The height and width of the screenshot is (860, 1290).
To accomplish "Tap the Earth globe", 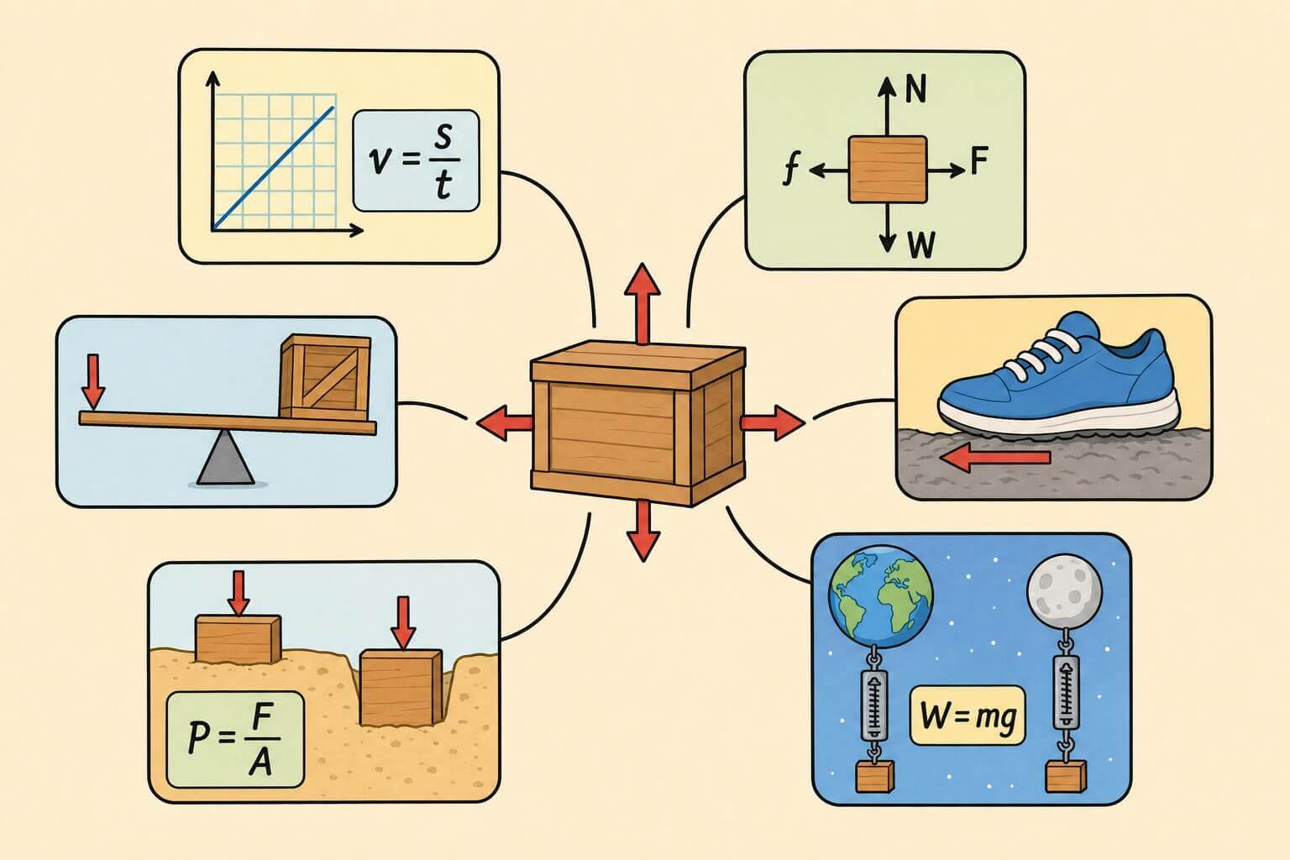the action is coord(880,597).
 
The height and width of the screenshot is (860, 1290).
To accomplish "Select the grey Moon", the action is coord(1065,591).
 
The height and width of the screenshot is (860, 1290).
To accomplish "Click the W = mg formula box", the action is coord(967,716).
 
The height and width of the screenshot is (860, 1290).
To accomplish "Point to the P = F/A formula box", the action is coord(235,740).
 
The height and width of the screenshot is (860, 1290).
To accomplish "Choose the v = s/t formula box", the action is coord(416,160).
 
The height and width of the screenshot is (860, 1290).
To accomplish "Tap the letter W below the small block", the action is coord(921,244).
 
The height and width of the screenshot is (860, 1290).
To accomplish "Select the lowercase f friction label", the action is coord(792,170).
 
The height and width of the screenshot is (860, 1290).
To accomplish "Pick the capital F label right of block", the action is coord(979,160).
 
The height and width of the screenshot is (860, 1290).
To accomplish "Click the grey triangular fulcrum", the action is coord(225,458).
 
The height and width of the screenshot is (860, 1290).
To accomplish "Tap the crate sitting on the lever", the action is coord(325,377).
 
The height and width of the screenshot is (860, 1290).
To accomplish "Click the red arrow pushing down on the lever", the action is coord(92,381).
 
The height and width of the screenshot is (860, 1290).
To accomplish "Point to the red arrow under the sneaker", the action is coord(995,458).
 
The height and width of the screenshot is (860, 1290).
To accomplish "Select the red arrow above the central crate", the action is coord(642,303).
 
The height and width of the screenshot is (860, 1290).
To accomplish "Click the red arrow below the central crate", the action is coord(643,531).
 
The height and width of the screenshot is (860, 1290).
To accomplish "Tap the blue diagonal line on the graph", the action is coord(274,168).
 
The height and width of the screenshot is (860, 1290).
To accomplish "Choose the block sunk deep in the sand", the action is coord(401,688).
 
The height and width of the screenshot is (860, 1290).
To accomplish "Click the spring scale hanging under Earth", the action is coord(873,705).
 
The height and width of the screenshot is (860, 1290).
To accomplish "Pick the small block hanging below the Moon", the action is coord(1066,776).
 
